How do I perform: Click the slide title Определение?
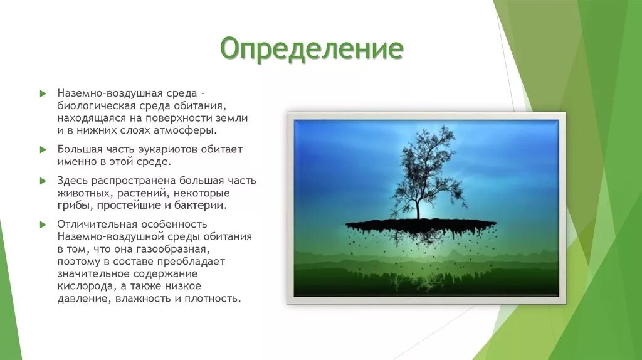(312, 49)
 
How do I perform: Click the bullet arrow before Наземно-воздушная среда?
(43, 94)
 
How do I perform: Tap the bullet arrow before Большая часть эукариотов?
(43, 149)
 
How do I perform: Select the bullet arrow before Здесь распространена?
(43, 181)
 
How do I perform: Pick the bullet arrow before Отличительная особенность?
(43, 225)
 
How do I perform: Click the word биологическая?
(96, 105)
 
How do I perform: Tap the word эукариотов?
(167, 149)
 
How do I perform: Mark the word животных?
(85, 193)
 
